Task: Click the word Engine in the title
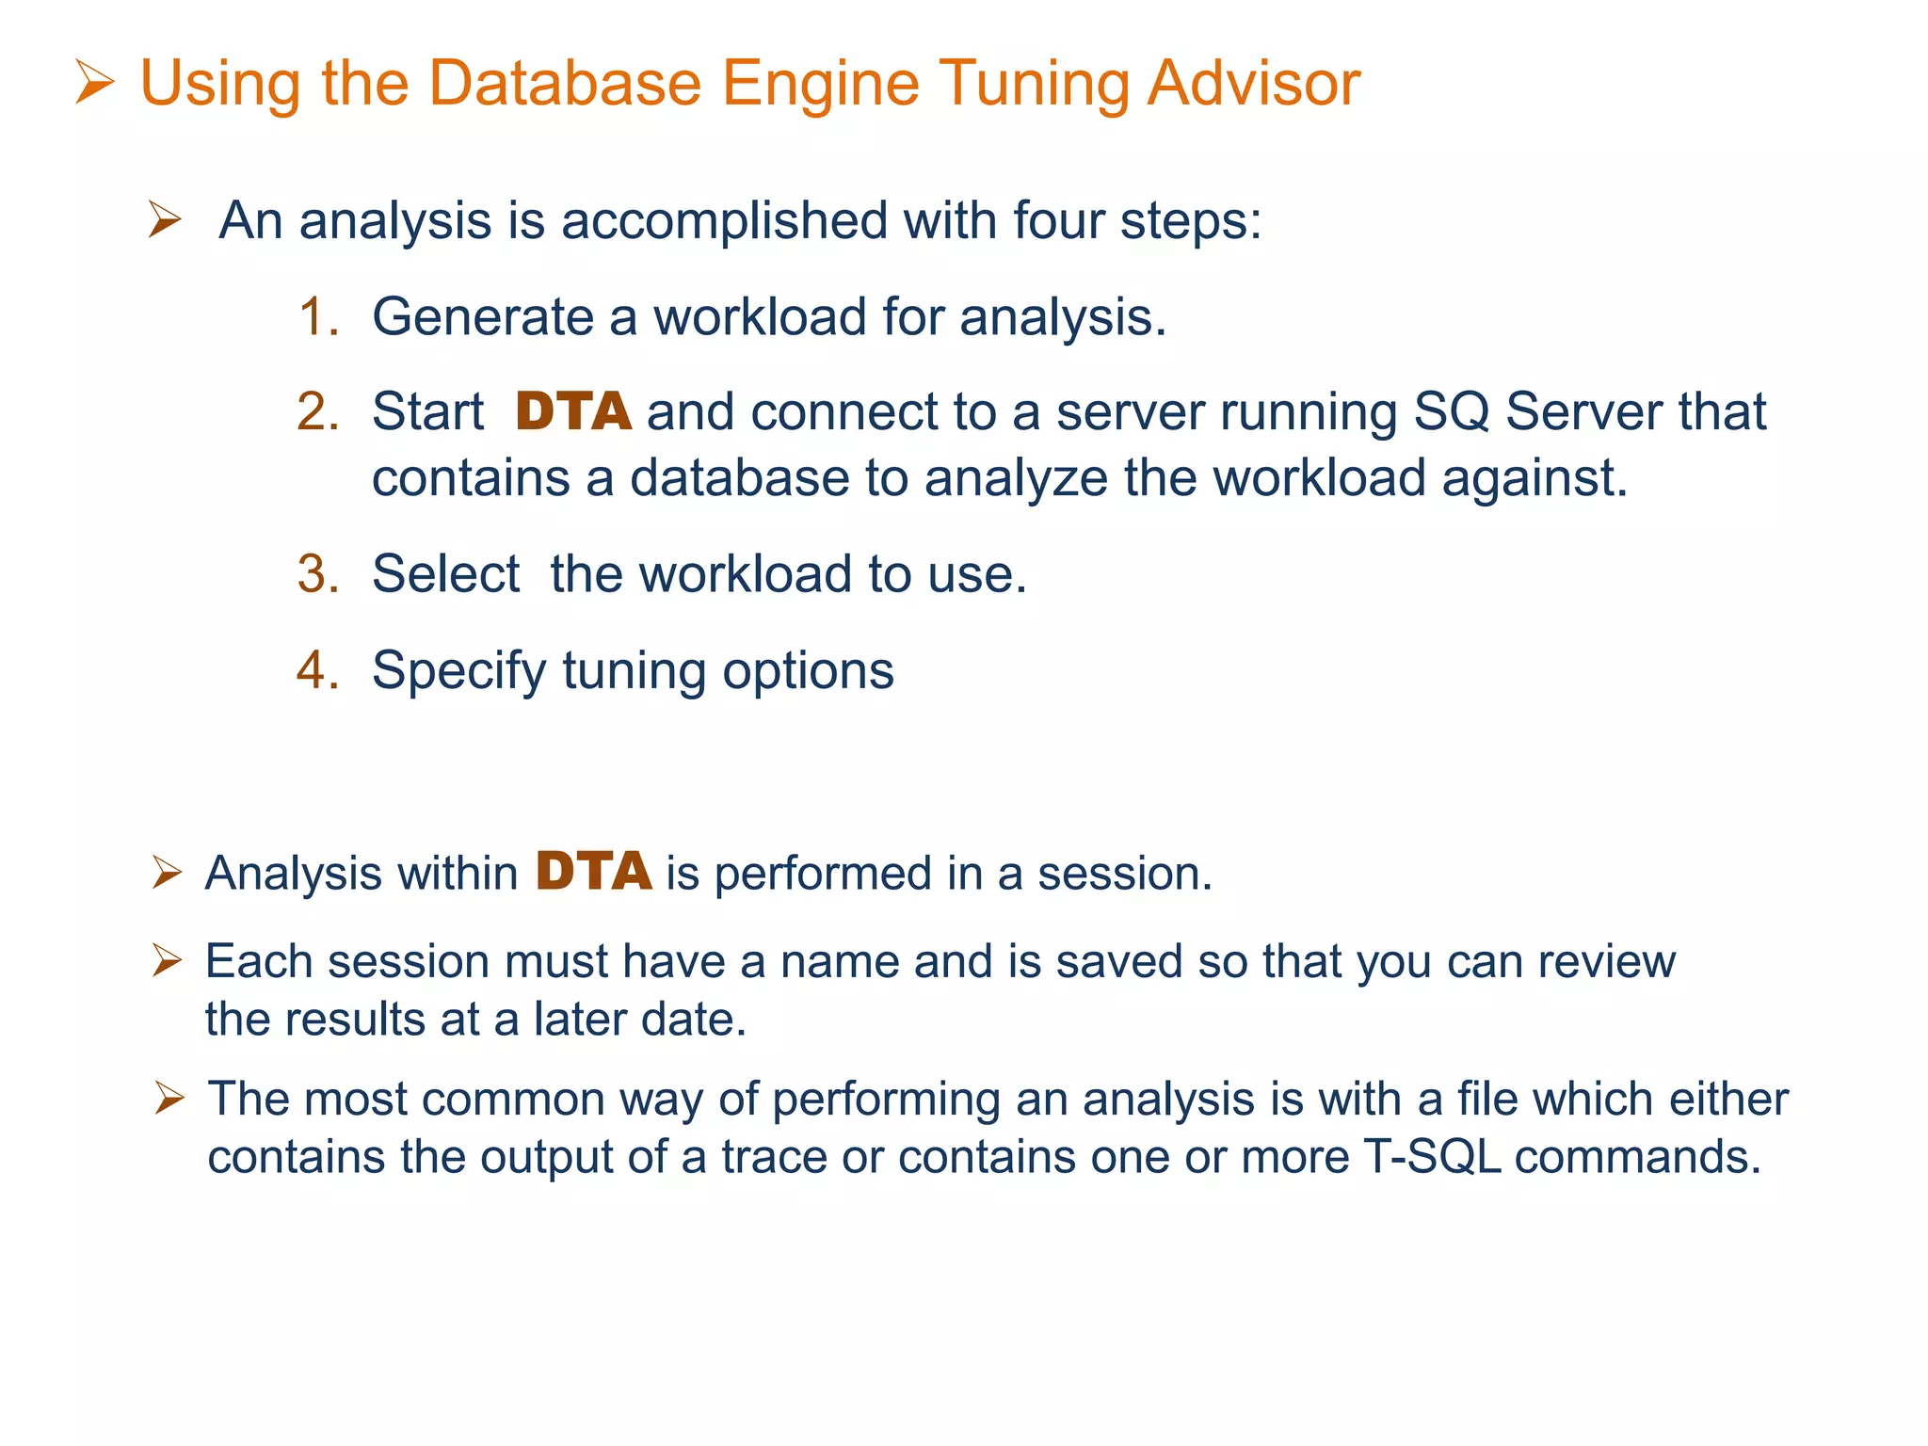click(x=819, y=85)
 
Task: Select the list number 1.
click(x=317, y=316)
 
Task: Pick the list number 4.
click(x=317, y=670)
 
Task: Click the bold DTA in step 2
click(x=572, y=412)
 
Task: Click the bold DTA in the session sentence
click(x=593, y=872)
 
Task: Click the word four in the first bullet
click(x=1058, y=221)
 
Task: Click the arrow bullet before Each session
click(x=167, y=961)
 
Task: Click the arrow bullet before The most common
click(x=169, y=1098)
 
